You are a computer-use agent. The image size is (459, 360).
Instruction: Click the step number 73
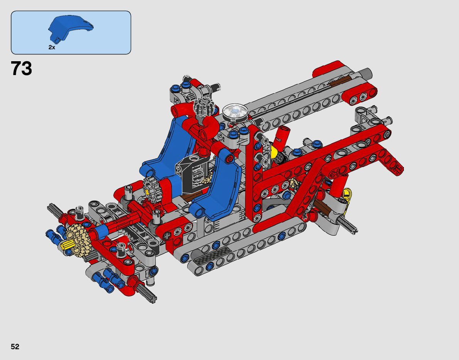pyautogui.click(x=21, y=69)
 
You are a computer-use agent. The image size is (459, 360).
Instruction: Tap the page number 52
pyautogui.click(x=15, y=347)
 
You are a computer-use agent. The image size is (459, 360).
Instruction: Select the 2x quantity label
pyautogui.click(x=52, y=47)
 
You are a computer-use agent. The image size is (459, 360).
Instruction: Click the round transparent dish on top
pyautogui.click(x=235, y=112)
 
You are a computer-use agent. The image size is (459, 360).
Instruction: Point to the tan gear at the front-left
pyautogui.click(x=78, y=240)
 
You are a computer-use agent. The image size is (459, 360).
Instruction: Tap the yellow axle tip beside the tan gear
pyautogui.click(x=67, y=244)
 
